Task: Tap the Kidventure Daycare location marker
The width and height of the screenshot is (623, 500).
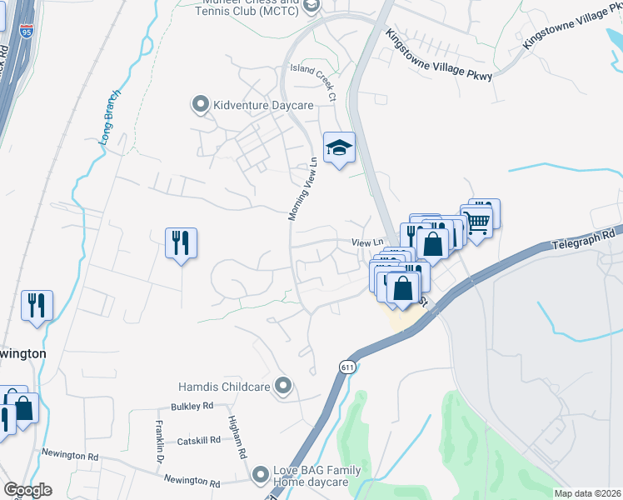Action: tap(200, 104)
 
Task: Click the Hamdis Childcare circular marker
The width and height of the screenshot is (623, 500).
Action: tap(284, 385)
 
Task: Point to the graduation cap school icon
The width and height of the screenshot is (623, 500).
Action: tap(339, 147)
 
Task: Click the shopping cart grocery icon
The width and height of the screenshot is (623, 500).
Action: tap(477, 222)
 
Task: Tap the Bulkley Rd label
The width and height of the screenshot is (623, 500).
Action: tap(192, 406)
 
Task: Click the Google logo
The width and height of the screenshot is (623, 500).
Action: tap(27, 490)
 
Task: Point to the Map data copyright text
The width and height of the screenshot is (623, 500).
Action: tap(588, 493)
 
